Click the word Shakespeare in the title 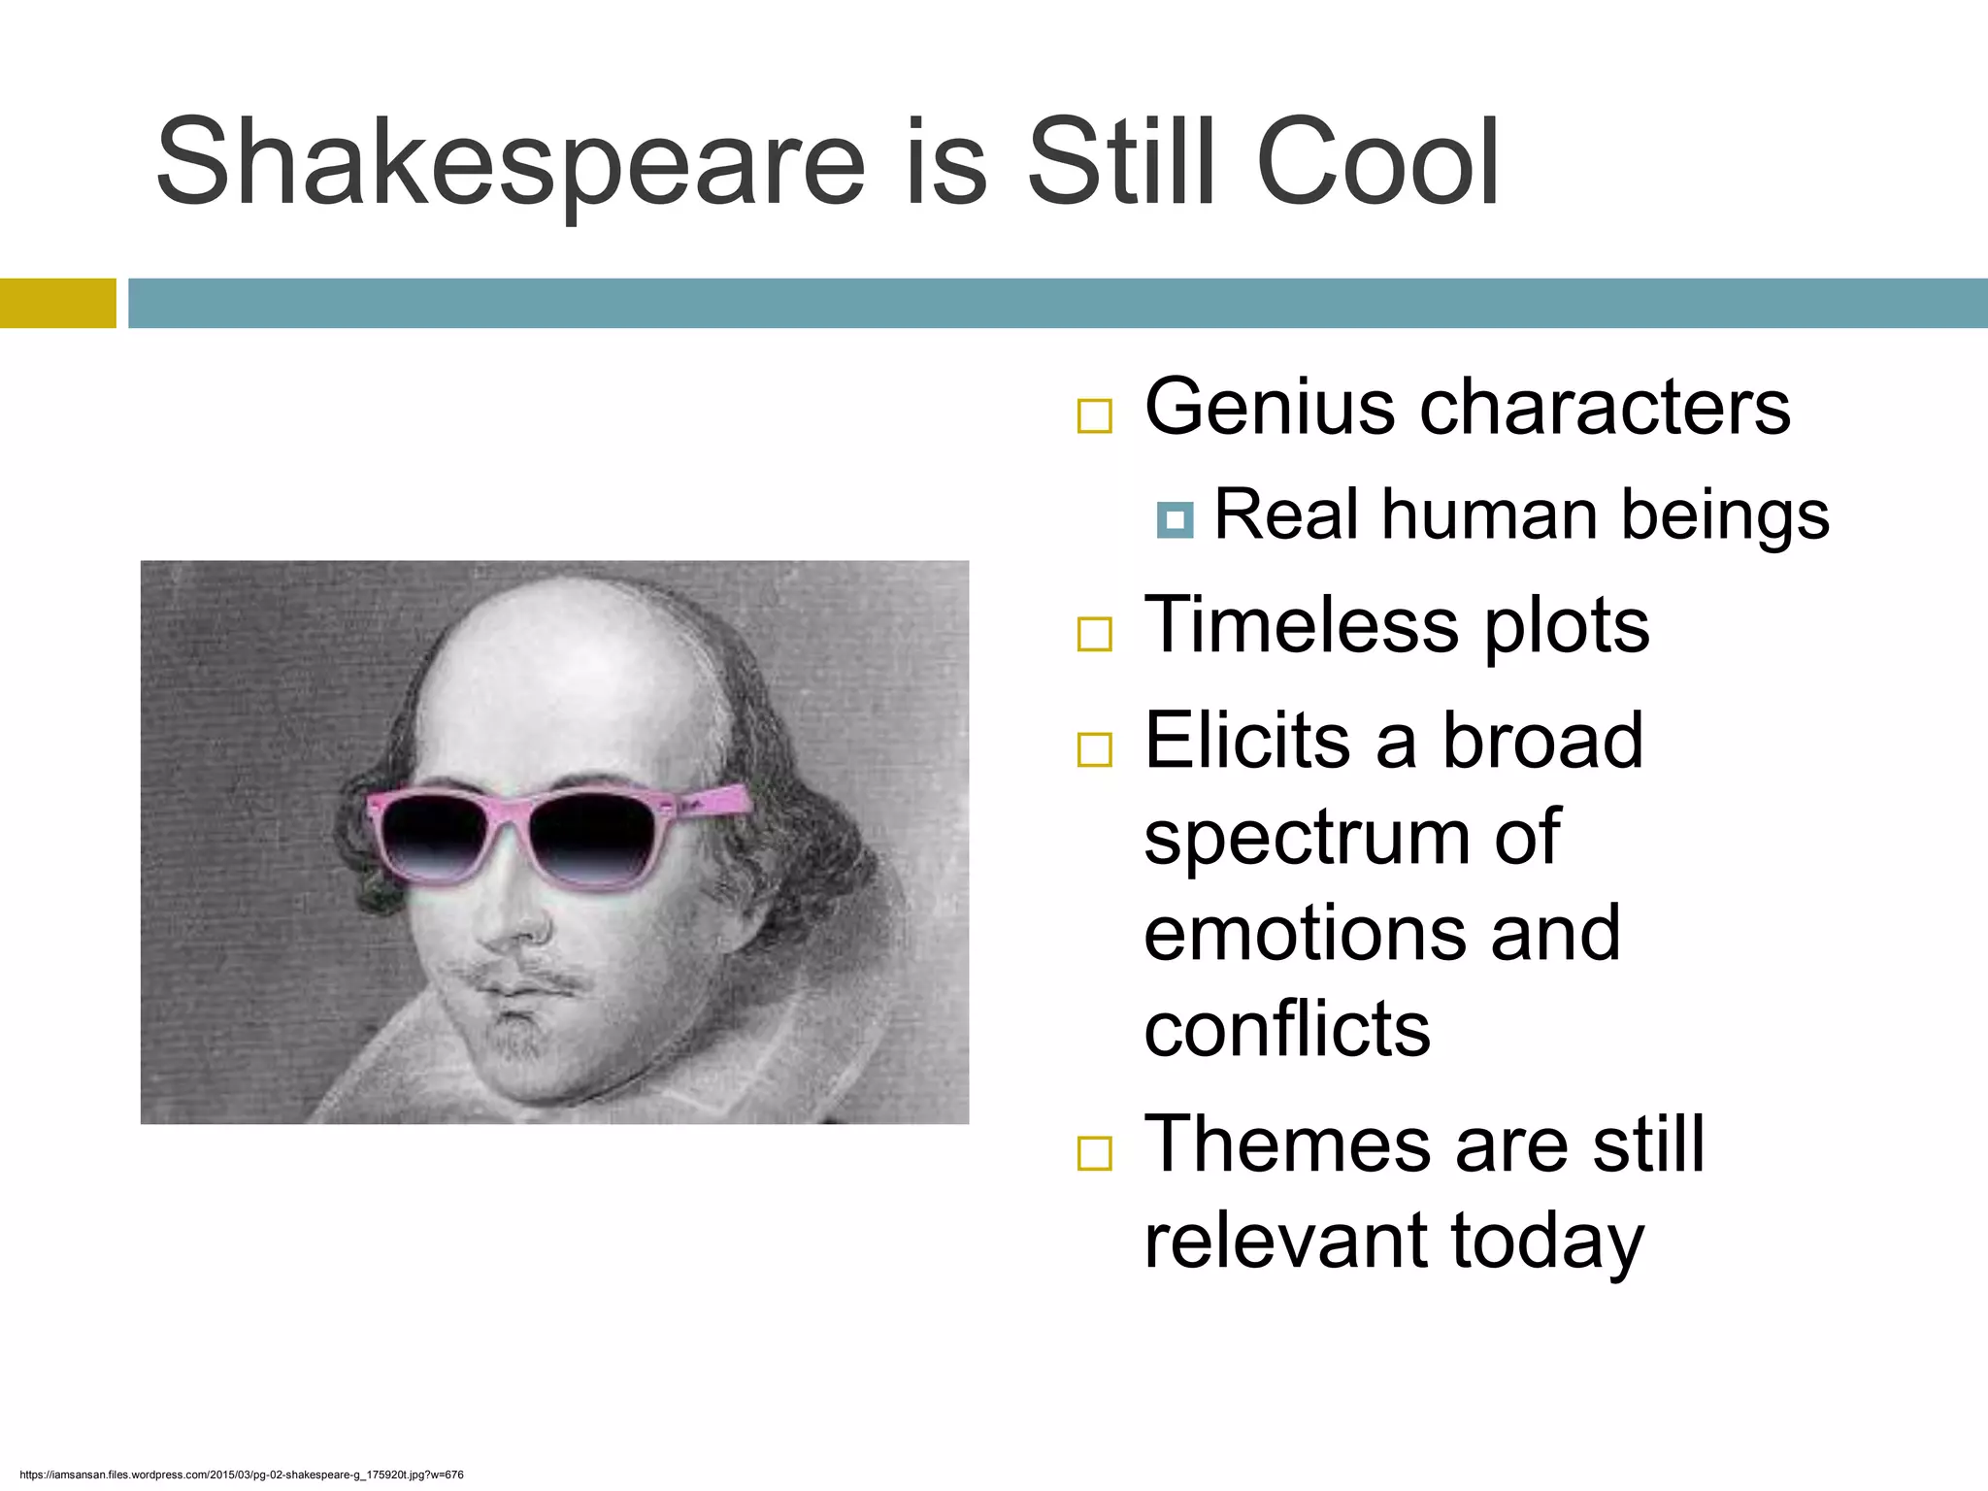tap(510, 163)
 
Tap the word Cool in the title tap(1378, 163)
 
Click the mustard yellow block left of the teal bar tap(58, 303)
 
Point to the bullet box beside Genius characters tap(1094, 415)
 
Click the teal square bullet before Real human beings tap(1175, 520)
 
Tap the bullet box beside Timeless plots tap(1094, 634)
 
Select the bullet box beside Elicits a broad tap(1094, 749)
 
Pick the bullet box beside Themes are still tap(1094, 1153)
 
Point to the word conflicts tap(1287, 1029)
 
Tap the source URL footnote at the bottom tap(241, 1474)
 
